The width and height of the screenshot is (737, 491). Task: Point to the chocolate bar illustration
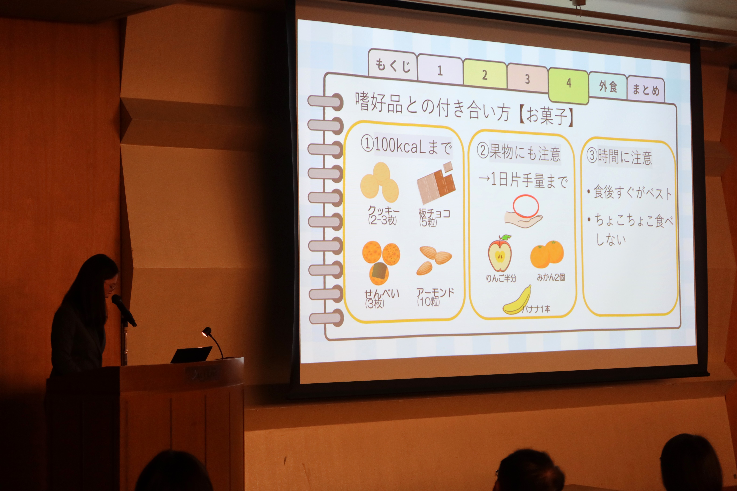[436, 183]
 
